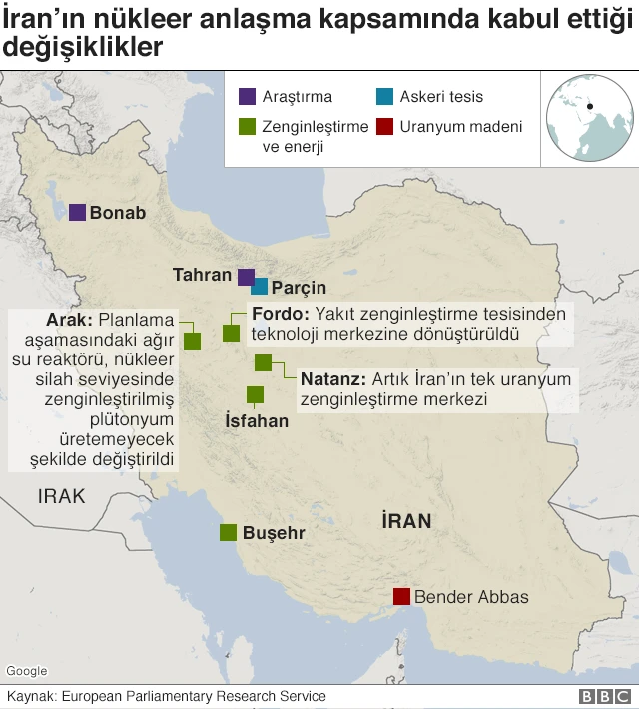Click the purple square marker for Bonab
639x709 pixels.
tap(77, 212)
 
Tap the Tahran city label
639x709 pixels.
tap(203, 274)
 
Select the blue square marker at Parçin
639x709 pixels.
tap(260, 287)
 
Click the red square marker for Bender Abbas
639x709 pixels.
tap(401, 597)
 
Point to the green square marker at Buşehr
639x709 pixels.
tap(229, 532)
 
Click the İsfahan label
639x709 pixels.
tap(257, 421)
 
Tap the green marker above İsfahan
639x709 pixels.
tap(255, 394)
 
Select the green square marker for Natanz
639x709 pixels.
tap(263, 363)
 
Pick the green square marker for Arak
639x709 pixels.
tap(192, 341)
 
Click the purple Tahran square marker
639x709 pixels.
tap(246, 277)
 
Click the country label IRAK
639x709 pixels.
tap(62, 496)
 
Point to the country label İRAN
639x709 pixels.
tap(405, 520)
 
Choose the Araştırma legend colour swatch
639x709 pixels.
tap(246, 97)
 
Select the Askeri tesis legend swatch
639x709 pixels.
tap(384, 97)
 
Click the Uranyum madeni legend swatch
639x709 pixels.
tap(384, 127)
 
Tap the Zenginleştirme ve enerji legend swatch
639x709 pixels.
tap(246, 127)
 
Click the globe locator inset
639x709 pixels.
tap(586, 118)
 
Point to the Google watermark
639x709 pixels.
tap(26, 671)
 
